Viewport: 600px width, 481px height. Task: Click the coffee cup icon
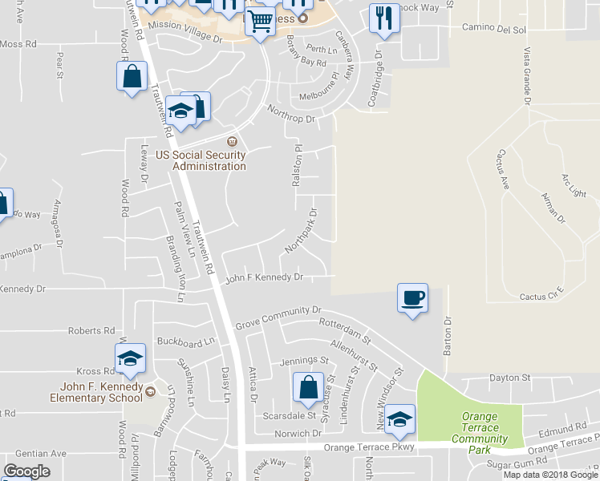tap(412, 299)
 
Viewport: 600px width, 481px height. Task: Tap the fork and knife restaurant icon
tap(384, 18)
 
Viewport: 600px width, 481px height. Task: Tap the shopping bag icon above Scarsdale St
tap(308, 388)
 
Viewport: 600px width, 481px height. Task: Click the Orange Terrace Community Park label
tap(480, 433)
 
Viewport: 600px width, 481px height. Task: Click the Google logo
tap(26, 471)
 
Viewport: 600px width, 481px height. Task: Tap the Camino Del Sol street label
tap(493, 28)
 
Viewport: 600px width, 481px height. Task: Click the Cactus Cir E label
tap(542, 297)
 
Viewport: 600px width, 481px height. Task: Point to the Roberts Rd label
tap(91, 330)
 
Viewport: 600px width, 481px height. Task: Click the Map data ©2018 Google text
tap(550, 475)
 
